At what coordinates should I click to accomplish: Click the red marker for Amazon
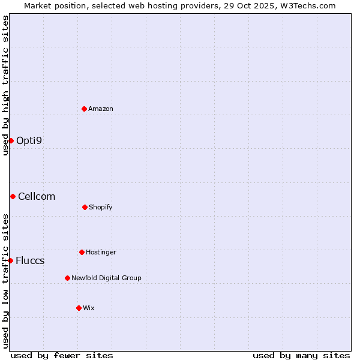(84, 109)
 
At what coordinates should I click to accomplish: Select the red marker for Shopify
(85, 207)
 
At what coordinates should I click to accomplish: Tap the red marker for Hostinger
(82, 252)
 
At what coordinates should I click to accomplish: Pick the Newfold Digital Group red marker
(67, 278)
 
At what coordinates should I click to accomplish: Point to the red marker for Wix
(79, 308)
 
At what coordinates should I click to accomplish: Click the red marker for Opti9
(11, 140)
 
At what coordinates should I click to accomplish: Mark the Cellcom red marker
(13, 196)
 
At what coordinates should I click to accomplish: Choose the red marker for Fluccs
(11, 260)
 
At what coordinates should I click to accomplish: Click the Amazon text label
(101, 109)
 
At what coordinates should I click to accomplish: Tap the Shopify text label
(101, 207)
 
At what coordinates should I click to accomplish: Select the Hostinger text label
(101, 252)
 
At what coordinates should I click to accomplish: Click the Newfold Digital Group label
(106, 278)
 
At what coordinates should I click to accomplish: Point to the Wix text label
(89, 308)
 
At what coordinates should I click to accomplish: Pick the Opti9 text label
(29, 140)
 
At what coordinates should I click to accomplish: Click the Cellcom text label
(37, 196)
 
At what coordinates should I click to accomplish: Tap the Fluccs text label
(30, 260)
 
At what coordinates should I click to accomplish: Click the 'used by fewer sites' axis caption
(62, 355)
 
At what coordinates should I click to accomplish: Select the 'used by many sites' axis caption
(301, 355)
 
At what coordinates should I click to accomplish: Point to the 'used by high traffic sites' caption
(5, 85)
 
